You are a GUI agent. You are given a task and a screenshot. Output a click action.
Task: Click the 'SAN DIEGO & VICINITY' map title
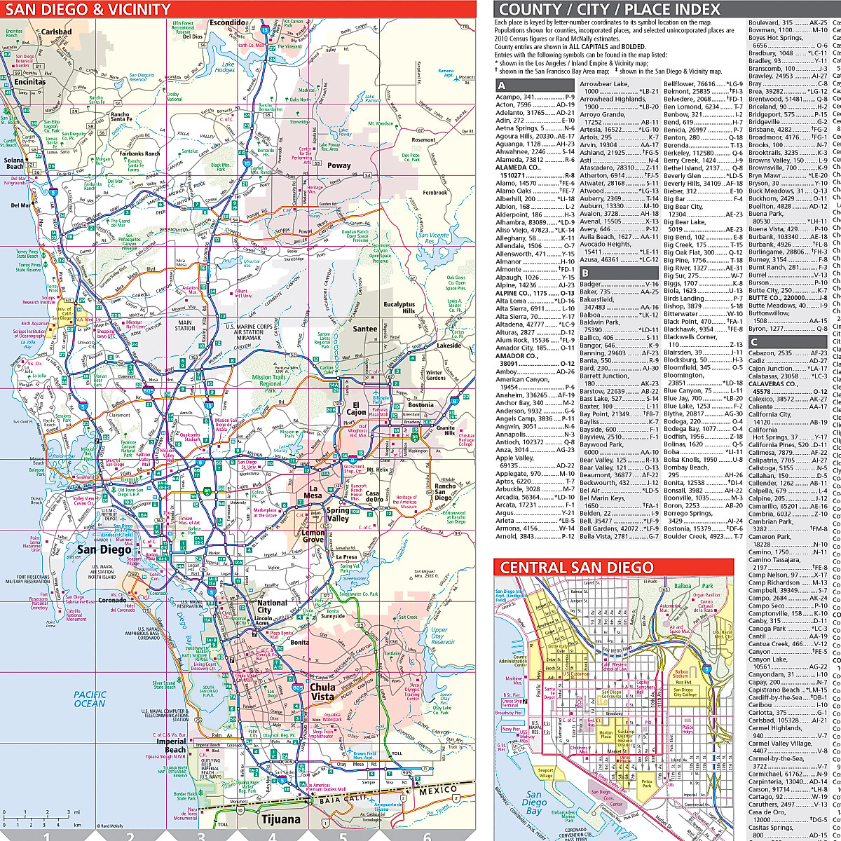tap(88, 9)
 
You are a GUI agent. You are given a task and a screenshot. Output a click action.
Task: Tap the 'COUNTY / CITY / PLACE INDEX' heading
tap(608, 9)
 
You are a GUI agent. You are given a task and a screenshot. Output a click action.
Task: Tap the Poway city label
tap(339, 165)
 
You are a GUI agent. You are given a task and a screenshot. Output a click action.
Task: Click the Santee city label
tap(364, 329)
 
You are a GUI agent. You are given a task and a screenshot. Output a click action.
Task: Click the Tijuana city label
tap(280, 819)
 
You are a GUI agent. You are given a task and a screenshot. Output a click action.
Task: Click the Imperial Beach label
tap(171, 746)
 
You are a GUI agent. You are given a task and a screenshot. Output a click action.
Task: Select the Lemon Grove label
tap(313, 537)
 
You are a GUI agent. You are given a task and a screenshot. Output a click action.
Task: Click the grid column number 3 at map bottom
tap(201, 835)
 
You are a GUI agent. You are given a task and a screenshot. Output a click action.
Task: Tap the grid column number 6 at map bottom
tap(427, 835)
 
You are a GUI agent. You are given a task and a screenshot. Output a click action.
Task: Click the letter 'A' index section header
tap(502, 85)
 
